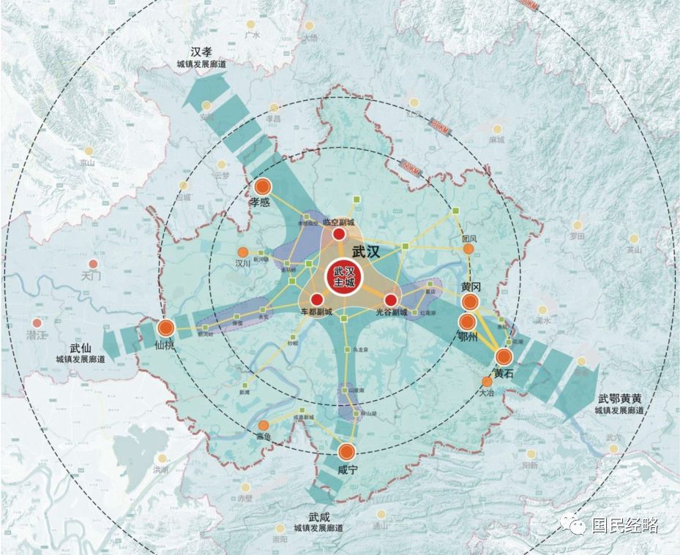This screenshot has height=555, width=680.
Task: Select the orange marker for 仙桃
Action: [165, 328]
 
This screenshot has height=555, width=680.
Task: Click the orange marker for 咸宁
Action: [346, 452]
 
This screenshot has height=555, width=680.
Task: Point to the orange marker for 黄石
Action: [504, 357]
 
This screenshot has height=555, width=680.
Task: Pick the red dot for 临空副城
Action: [339, 234]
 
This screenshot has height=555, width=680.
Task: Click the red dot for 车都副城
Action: [317, 300]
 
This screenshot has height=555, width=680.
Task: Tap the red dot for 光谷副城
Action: [390, 300]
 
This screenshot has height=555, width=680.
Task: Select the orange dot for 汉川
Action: [243, 252]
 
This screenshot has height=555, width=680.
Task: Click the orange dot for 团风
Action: [469, 249]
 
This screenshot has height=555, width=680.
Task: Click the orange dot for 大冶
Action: [487, 381]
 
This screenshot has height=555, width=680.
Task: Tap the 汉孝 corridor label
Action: [201, 58]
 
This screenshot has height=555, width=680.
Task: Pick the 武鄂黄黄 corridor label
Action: [619, 404]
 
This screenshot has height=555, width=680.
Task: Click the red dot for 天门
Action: [93, 264]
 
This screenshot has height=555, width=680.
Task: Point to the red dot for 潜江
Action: [37, 322]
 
